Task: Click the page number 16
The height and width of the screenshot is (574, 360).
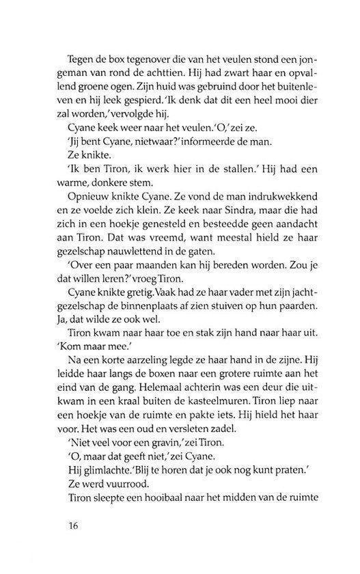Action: pos(75,525)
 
